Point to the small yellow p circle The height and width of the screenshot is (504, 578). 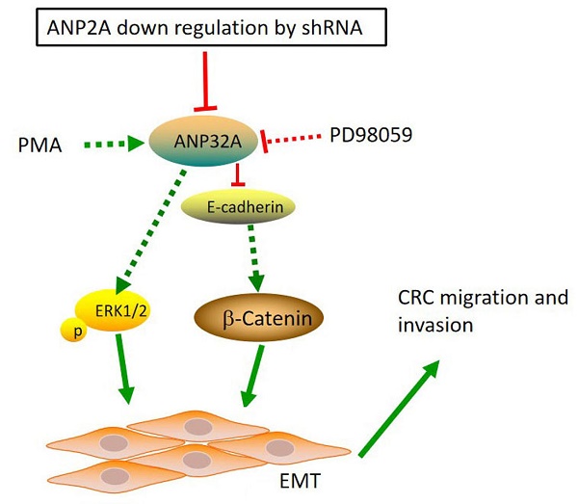coord(70,331)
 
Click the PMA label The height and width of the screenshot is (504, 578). coord(40,146)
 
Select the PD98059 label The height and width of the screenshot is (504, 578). coord(370,134)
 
